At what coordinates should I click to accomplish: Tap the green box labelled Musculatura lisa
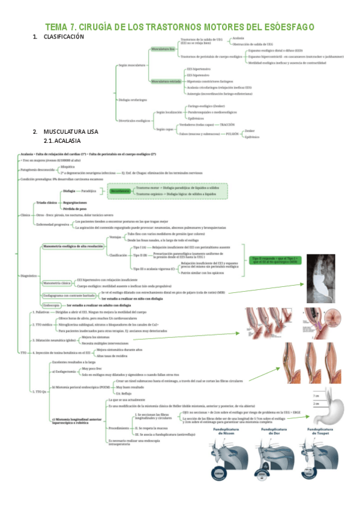(x=163, y=47)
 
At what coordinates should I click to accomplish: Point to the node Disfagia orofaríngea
(x=133, y=99)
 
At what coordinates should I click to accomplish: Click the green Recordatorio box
(x=120, y=192)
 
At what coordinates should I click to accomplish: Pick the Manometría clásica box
(x=58, y=282)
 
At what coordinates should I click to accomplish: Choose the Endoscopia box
(x=51, y=304)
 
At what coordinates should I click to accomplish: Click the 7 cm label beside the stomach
(x=314, y=396)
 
